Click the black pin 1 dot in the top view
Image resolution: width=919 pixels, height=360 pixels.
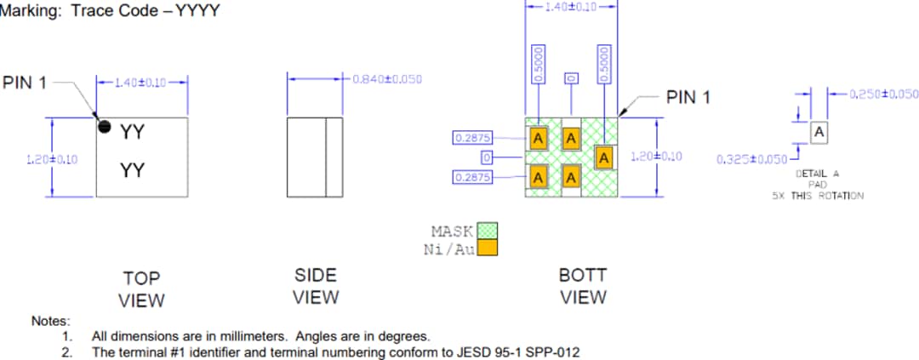(105, 127)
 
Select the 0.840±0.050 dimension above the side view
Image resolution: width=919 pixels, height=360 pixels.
(387, 79)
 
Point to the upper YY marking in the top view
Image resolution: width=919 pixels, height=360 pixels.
(132, 132)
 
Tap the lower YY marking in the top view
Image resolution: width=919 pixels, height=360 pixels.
(132, 171)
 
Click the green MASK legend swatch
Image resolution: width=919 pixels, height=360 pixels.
(487, 231)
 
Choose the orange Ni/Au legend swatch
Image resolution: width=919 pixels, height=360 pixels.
(487, 248)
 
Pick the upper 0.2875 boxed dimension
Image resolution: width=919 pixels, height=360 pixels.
(474, 138)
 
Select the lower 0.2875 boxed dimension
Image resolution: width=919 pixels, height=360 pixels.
(474, 177)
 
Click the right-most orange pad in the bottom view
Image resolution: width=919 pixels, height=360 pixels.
(604, 157)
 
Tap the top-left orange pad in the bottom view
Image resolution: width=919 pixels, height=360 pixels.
(538, 138)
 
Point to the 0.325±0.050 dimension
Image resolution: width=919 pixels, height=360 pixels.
(751, 159)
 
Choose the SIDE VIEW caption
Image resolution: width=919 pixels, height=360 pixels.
(316, 286)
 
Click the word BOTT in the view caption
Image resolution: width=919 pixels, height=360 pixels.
(582, 277)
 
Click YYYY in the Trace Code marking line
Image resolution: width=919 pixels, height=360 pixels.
(198, 12)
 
